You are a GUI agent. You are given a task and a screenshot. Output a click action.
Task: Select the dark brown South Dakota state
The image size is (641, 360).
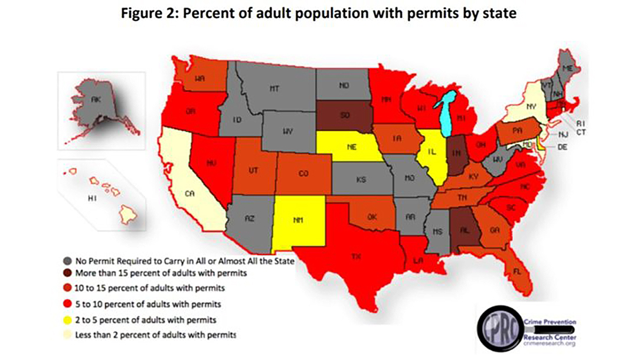pyautogui.click(x=342, y=116)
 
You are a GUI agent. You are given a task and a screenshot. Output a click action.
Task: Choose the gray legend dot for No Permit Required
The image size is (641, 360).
pyautogui.click(x=68, y=260)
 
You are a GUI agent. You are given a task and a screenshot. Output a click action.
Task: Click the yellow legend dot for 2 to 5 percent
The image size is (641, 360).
pyautogui.click(x=68, y=319)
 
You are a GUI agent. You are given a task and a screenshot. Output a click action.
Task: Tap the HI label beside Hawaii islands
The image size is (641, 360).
pyautogui.click(x=92, y=199)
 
